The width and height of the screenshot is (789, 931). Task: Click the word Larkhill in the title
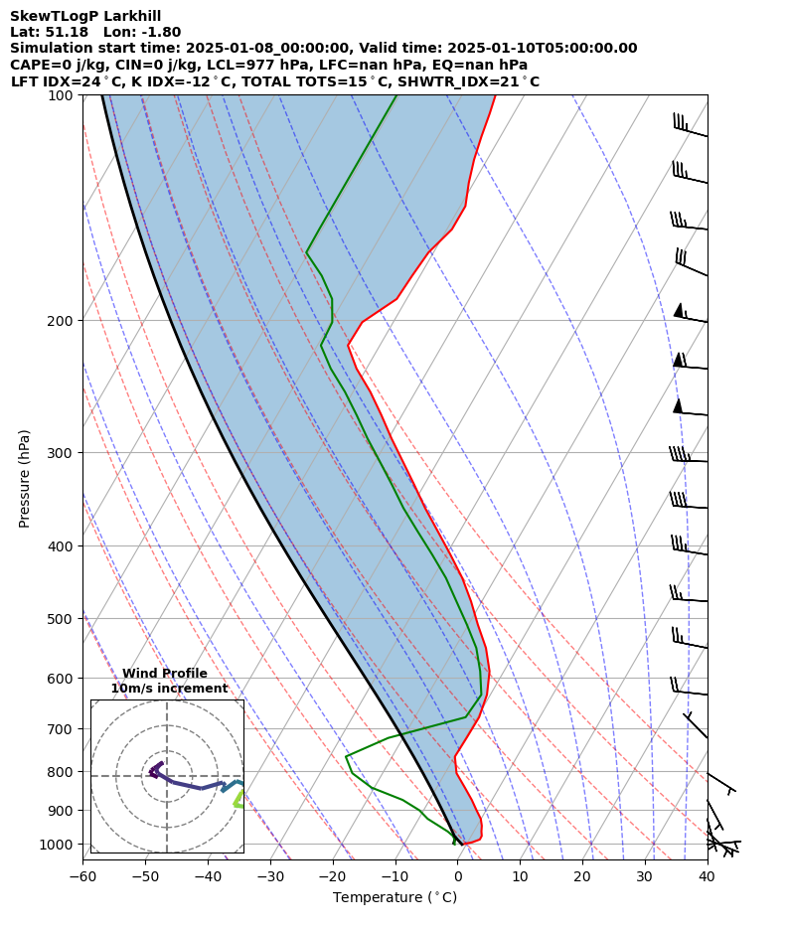127,16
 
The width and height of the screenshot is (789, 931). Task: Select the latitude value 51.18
66,32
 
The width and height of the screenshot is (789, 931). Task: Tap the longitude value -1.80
161,32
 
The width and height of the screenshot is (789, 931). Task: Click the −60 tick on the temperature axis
81,876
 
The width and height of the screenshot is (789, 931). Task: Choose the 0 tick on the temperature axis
457,876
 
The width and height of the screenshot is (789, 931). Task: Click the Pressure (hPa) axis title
24,478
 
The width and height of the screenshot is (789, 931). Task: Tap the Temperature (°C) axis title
394,897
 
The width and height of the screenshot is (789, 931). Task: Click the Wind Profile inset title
165,674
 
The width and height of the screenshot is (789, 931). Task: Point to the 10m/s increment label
169,689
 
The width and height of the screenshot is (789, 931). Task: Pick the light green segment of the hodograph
238,800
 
